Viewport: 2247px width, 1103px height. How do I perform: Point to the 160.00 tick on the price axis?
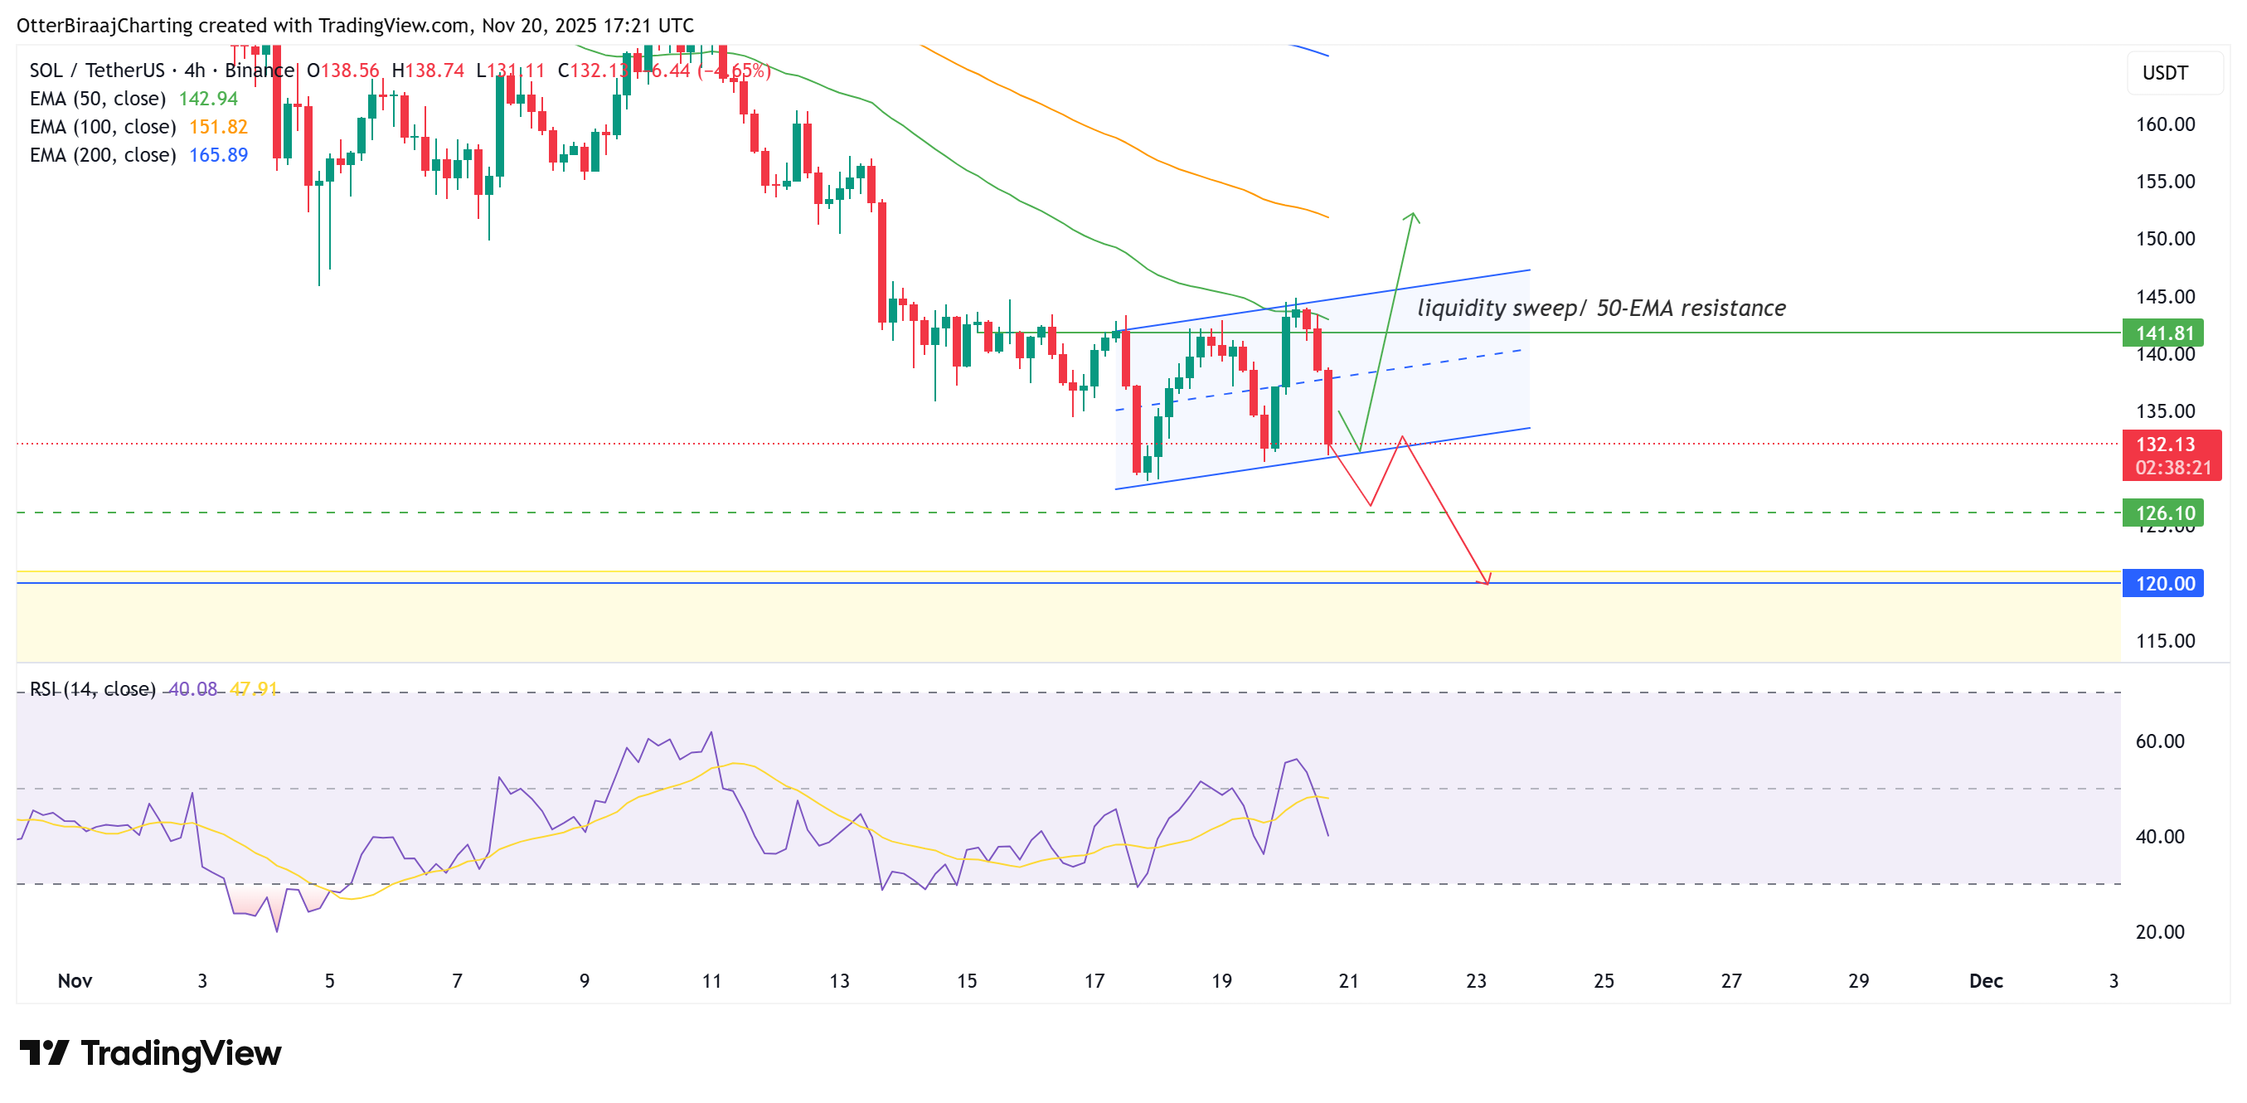point(2164,124)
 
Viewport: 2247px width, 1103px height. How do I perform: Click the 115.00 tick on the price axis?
point(2164,640)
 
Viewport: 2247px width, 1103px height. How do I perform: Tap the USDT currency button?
point(2165,72)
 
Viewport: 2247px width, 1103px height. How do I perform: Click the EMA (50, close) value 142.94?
point(207,99)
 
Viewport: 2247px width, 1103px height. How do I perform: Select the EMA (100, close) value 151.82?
point(218,127)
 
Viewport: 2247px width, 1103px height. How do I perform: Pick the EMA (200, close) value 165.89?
point(218,154)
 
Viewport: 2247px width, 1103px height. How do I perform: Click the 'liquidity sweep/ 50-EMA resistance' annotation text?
point(1600,308)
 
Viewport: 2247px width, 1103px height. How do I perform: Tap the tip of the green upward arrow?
point(1412,214)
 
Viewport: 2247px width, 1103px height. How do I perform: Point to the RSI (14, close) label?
point(93,688)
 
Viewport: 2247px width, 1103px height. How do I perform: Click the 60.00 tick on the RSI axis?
point(2159,741)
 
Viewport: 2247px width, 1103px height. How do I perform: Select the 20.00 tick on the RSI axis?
point(2159,931)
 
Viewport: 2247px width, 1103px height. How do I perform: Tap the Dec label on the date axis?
point(1985,980)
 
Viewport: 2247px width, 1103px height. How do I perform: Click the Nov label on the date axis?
point(75,980)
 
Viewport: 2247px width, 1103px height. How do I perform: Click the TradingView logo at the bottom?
point(150,1052)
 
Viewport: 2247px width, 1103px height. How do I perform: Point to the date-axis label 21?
point(1348,980)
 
